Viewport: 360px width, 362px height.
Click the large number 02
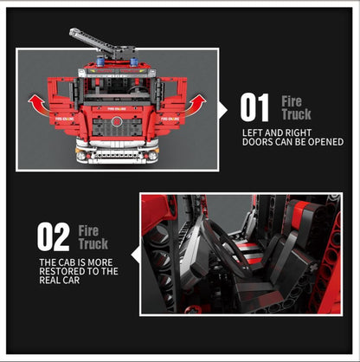pyautogui.click(x=55, y=237)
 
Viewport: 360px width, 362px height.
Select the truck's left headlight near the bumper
pyautogui.click(x=81, y=156)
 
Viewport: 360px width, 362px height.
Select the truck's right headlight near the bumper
pyautogui.click(x=153, y=156)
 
